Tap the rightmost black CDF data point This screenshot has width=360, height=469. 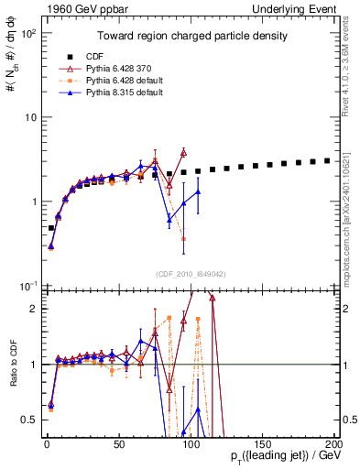point(327,160)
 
